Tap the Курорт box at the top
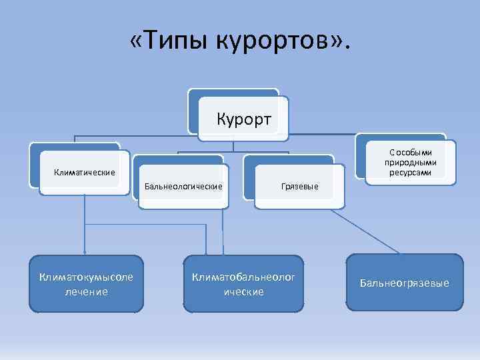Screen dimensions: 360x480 coord(244,119)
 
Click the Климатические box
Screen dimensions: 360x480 coord(84,173)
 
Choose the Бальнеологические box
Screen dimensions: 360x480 coord(183,186)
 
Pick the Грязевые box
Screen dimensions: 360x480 coord(299,186)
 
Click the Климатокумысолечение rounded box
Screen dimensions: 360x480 coord(86,284)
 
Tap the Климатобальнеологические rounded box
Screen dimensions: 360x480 coord(244,284)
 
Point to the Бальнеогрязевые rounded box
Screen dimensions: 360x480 coord(405,283)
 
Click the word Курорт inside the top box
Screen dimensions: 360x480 coord(244,120)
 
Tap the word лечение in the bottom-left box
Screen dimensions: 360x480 coord(86,291)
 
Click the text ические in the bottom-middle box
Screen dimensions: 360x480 coord(244,291)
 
